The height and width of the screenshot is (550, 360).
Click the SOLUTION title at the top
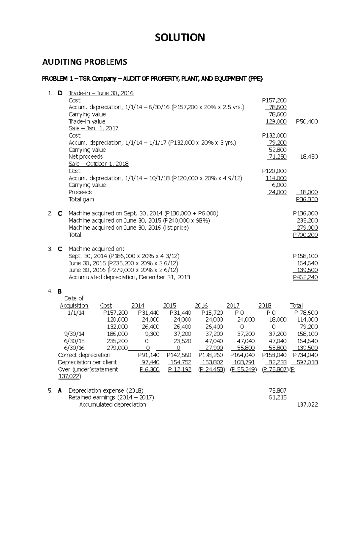coord(180,37)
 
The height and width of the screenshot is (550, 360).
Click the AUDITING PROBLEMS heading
coord(85,62)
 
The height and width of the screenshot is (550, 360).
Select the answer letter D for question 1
coord(60,93)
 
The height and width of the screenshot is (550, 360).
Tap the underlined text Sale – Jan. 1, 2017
coord(93,128)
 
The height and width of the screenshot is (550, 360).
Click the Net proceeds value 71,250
coord(277,157)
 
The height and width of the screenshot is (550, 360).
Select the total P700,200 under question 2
coord(305,235)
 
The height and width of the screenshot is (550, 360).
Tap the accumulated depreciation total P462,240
coord(305,277)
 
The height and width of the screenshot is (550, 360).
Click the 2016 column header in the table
coord(201,305)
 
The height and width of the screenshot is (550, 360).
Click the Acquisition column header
coord(74,305)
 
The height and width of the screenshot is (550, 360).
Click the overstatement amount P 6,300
coord(149,370)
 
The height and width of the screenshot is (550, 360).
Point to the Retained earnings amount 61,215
coord(277,397)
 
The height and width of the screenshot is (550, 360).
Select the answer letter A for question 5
coord(60,391)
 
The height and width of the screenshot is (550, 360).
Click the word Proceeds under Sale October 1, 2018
coord(80,192)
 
